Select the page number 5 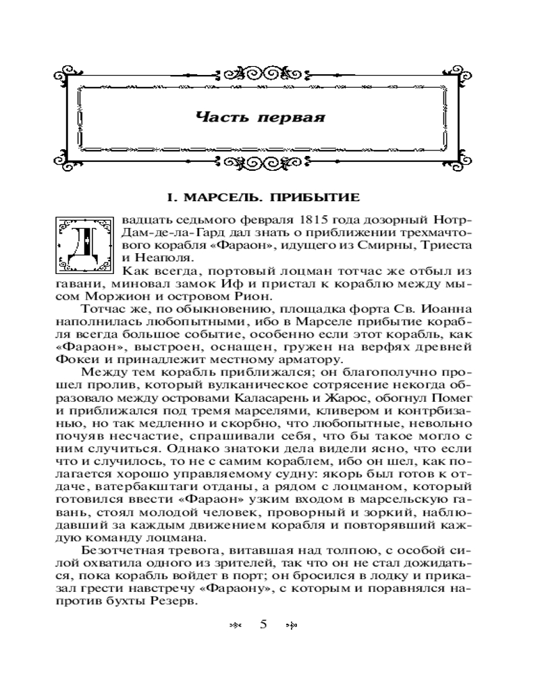pos(263,624)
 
